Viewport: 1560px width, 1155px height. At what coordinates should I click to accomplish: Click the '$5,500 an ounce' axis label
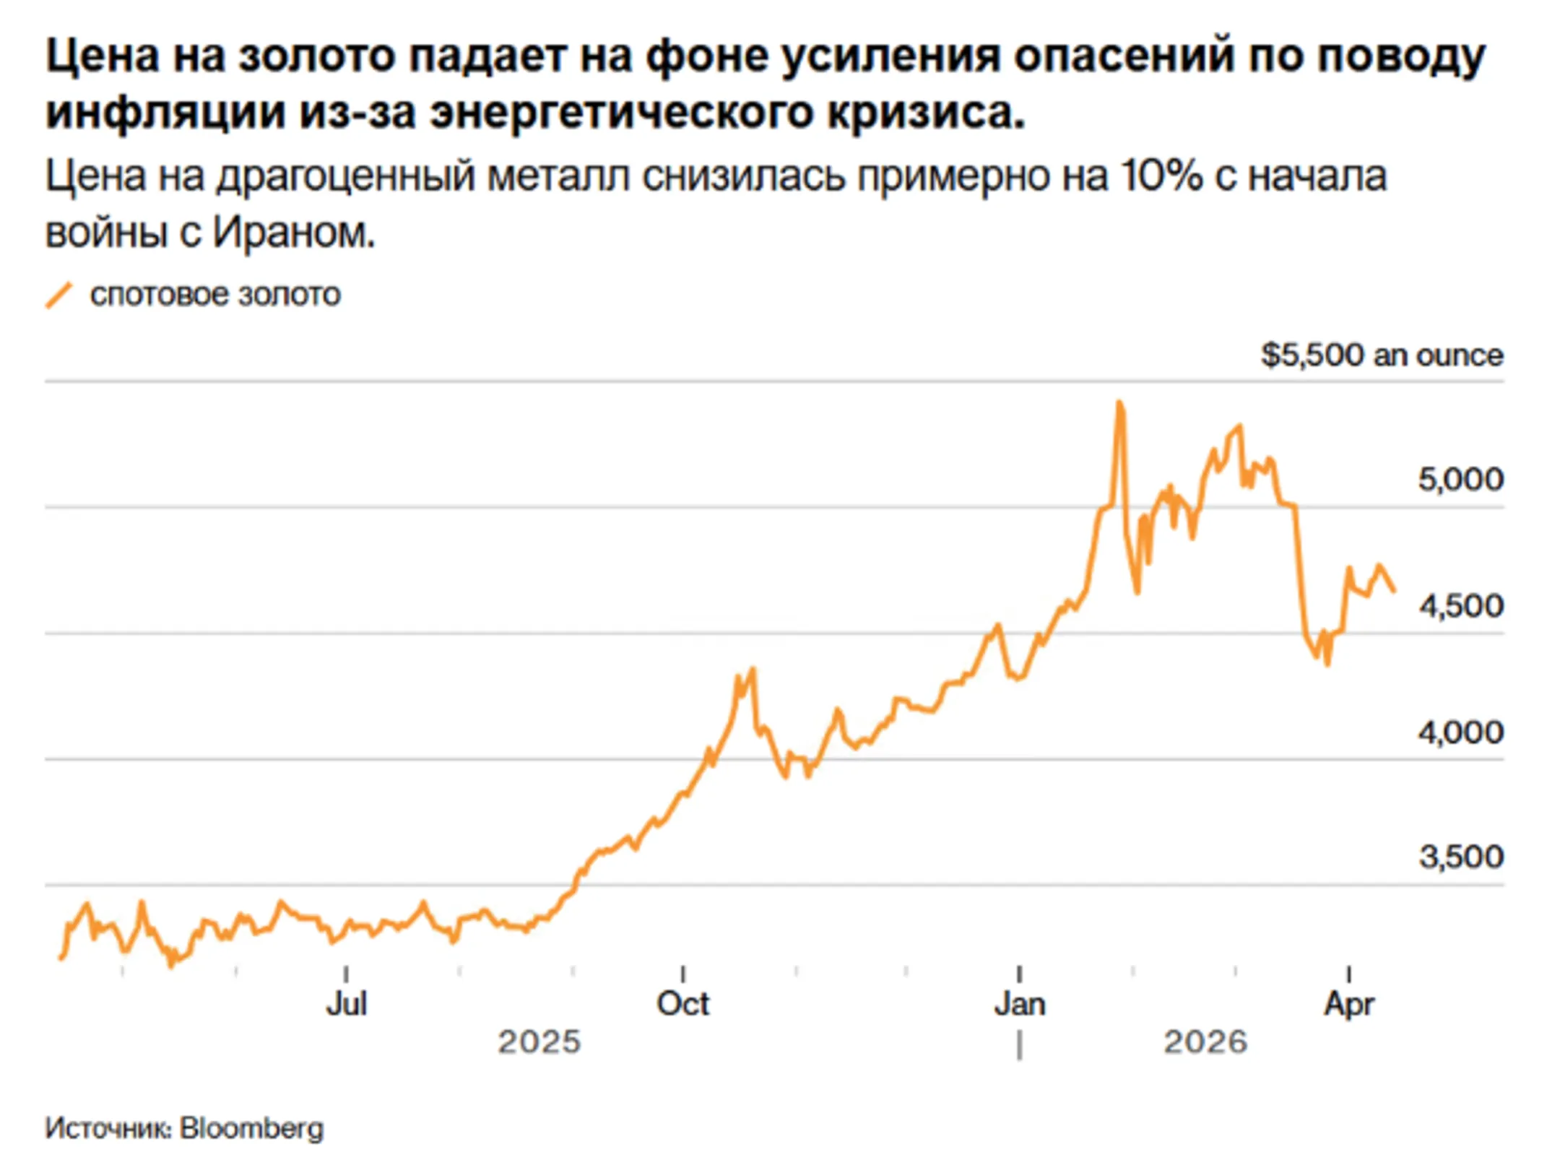point(1381,355)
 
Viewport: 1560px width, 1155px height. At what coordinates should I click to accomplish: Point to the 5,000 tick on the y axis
point(1460,480)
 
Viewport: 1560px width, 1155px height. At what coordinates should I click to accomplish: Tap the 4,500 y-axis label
point(1460,606)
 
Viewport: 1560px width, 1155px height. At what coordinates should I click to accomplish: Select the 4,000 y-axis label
point(1460,732)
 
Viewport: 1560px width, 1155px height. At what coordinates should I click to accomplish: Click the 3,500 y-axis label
point(1460,857)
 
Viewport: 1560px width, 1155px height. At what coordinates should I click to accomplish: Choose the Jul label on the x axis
point(346,1004)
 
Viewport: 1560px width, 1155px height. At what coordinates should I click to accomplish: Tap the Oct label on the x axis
point(682,1004)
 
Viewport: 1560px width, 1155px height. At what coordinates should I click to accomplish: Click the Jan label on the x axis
point(1019,1004)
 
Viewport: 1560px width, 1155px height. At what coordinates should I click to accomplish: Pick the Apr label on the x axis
point(1348,1004)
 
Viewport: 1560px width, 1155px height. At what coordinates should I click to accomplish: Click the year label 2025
point(539,1042)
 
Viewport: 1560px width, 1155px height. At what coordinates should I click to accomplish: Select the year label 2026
point(1205,1042)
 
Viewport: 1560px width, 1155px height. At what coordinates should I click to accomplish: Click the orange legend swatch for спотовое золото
point(59,295)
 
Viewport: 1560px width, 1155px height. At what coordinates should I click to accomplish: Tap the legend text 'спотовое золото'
point(215,295)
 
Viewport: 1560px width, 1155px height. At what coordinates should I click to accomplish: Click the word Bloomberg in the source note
point(251,1128)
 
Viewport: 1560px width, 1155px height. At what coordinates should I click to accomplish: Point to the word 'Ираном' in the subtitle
point(293,233)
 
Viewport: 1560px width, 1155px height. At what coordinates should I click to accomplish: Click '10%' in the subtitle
point(1161,176)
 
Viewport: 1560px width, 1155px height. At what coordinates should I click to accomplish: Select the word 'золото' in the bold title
point(317,56)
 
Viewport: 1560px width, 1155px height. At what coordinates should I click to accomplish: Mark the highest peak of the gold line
point(1119,403)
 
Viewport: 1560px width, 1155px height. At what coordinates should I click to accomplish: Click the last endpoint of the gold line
point(1393,591)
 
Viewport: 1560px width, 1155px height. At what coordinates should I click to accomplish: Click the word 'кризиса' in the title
point(924,113)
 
